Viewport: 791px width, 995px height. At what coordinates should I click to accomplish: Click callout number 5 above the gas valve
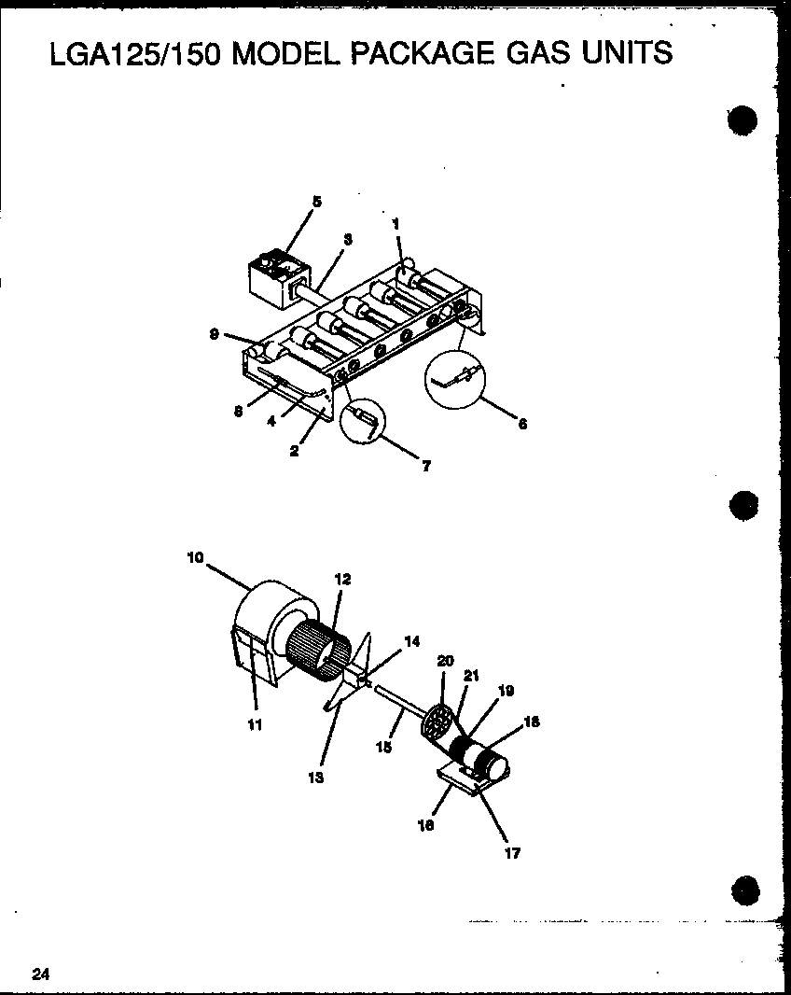(317, 202)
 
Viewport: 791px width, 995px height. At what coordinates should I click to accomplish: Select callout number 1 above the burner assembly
(395, 223)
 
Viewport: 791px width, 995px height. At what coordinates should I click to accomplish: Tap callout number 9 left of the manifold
(215, 334)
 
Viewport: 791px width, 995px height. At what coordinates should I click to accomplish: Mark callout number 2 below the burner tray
(295, 452)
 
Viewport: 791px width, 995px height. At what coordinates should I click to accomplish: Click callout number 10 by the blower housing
(195, 557)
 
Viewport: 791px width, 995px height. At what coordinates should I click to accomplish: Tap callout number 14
(411, 641)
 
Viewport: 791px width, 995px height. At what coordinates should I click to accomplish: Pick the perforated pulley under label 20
(438, 721)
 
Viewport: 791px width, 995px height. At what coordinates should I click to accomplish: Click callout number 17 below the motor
(512, 853)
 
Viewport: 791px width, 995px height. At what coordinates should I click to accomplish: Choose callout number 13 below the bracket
(316, 778)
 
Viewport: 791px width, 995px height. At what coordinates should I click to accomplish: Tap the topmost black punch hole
(743, 119)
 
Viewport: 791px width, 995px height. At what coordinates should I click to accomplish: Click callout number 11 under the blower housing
(255, 725)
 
